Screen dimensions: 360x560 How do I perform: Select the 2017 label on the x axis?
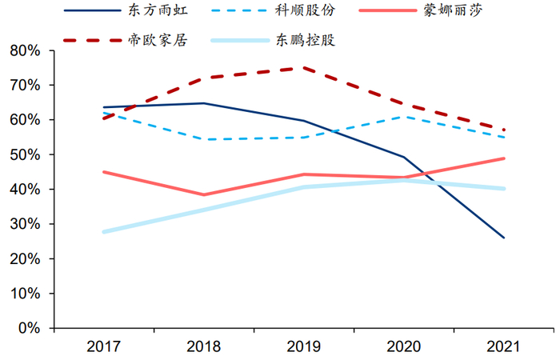[104, 347]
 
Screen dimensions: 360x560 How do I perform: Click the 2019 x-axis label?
[304, 347]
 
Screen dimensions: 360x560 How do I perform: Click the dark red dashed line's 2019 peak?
[304, 68]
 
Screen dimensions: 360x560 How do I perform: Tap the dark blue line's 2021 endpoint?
[504, 238]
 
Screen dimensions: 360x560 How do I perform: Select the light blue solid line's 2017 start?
[104, 232]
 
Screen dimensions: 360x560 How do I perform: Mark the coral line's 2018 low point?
[204, 194]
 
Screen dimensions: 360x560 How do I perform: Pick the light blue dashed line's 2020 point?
[404, 117]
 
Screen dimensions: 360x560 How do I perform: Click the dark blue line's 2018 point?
[204, 103]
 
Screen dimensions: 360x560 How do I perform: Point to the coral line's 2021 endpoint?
[504, 158]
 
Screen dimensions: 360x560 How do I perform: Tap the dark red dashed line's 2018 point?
[204, 78]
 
